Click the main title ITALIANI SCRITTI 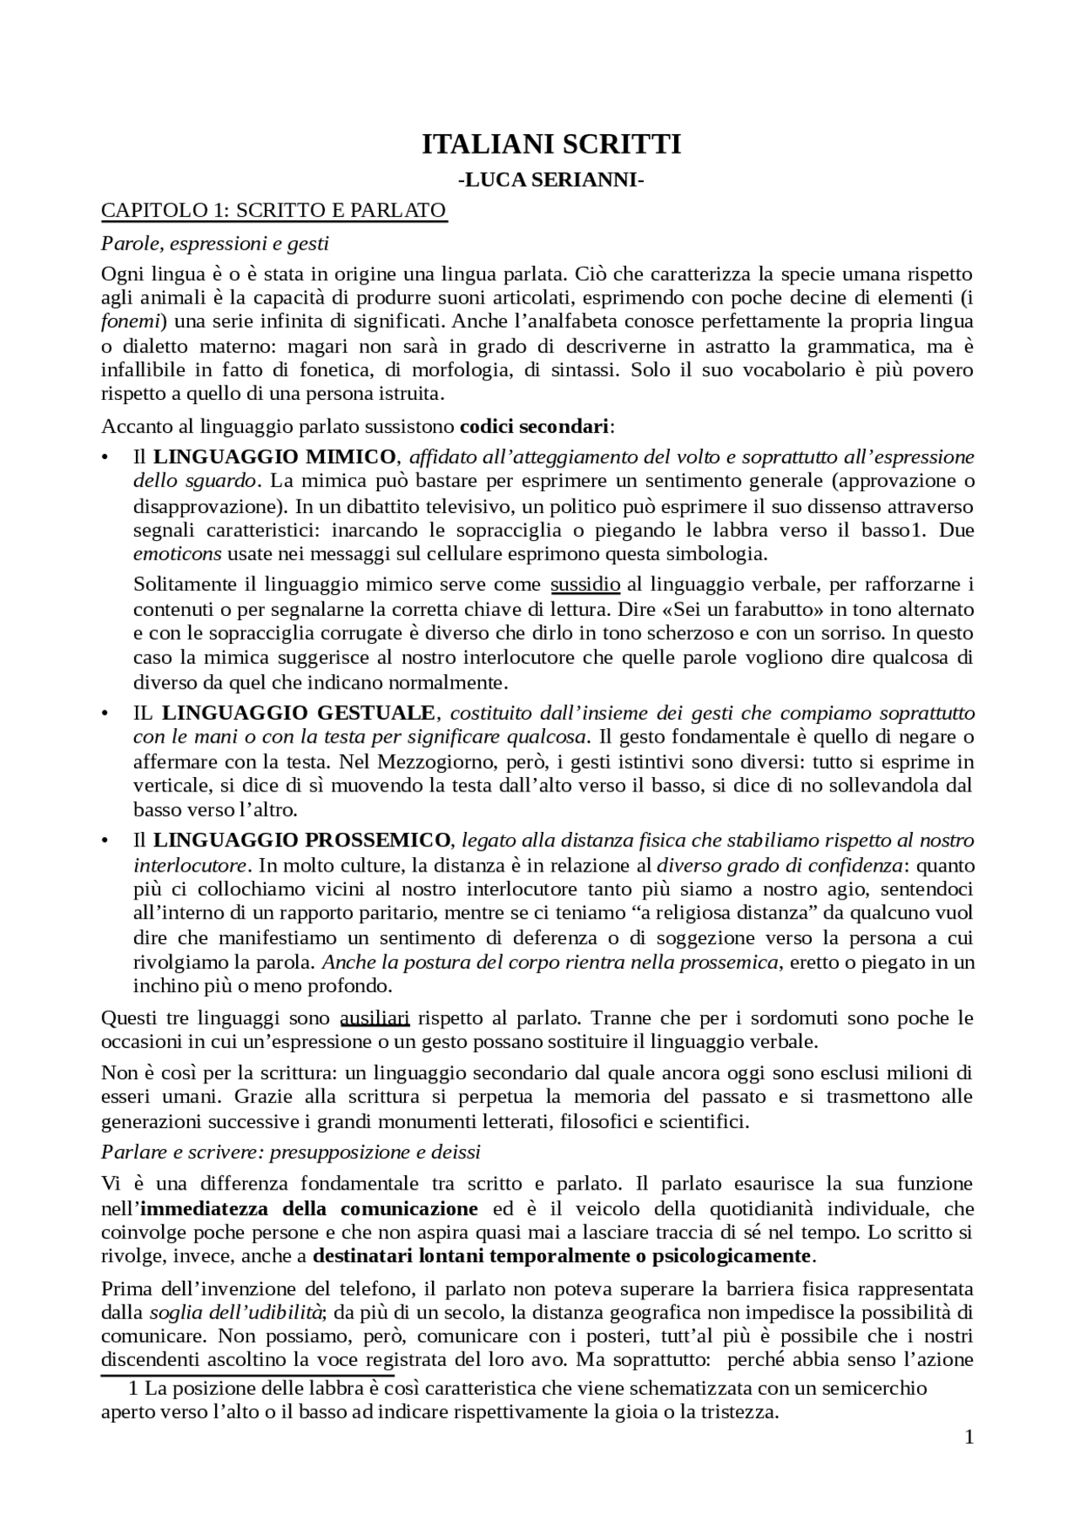tap(551, 144)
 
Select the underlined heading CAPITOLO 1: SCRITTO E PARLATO tap(273, 209)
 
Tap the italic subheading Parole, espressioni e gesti tap(214, 244)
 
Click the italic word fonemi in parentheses tap(127, 321)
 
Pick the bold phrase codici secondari tap(534, 426)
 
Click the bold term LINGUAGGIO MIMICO tap(274, 457)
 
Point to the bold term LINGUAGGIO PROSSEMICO tap(302, 840)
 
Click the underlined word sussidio tap(585, 585)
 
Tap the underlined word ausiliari tap(374, 1018)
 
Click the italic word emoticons tap(177, 554)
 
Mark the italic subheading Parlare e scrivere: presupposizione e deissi tap(290, 1152)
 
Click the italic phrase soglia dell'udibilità tap(236, 1312)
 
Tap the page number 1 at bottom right tap(969, 1437)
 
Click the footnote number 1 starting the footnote tap(132, 1389)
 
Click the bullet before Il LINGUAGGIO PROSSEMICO tap(105, 841)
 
